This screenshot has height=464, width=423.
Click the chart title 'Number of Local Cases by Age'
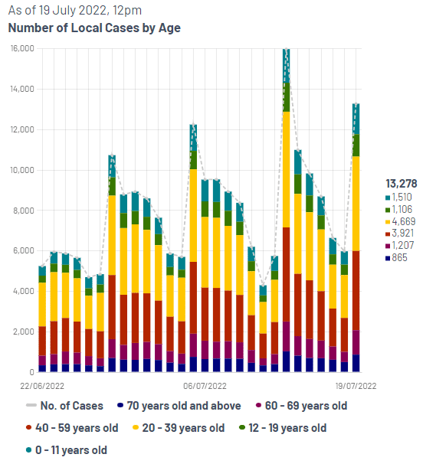pyautogui.click(x=94, y=28)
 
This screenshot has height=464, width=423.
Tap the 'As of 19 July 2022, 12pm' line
pyautogui.click(x=74, y=11)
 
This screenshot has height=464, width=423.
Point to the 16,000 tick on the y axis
pyautogui.click(x=22, y=48)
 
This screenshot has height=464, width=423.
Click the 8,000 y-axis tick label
pyautogui.click(x=23, y=211)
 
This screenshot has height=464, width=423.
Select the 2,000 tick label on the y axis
pyautogui.click(x=23, y=332)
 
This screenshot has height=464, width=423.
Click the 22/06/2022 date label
pyautogui.click(x=42, y=386)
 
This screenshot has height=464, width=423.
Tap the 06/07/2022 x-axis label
pyautogui.click(x=205, y=386)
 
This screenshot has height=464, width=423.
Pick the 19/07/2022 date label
pyautogui.click(x=356, y=386)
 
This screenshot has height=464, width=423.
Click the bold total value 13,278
pyautogui.click(x=401, y=184)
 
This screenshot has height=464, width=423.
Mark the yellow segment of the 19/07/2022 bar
pyautogui.click(x=356, y=204)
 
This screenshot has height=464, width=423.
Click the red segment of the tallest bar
pyautogui.click(x=286, y=274)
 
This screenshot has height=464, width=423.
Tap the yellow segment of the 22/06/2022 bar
pyautogui.click(x=42, y=305)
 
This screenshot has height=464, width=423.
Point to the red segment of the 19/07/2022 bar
pyautogui.click(x=356, y=291)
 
